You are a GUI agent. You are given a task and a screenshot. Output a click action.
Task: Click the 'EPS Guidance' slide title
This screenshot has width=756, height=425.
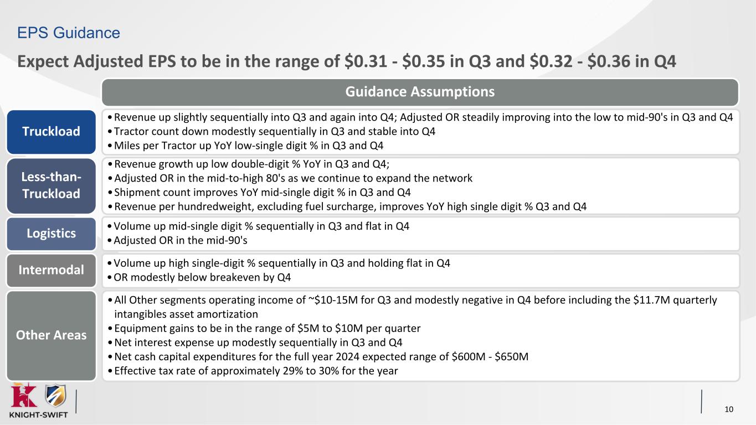click(69, 33)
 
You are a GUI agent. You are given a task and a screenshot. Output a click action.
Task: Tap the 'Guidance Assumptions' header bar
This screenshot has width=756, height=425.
click(420, 91)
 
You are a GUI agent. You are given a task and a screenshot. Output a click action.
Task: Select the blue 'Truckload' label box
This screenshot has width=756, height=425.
click(51, 132)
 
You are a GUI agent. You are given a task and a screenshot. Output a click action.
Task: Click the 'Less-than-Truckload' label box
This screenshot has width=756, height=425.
click(51, 185)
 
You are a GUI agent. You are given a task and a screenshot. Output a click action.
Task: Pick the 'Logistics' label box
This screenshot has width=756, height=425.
click(51, 234)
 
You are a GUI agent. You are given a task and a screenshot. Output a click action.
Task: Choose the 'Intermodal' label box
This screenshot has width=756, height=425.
click(51, 270)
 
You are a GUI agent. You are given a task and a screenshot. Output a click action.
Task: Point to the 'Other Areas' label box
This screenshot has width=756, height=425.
click(51, 335)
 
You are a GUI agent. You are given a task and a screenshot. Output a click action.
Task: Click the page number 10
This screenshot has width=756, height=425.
click(729, 409)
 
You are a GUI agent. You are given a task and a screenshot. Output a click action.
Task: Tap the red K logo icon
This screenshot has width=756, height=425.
click(24, 395)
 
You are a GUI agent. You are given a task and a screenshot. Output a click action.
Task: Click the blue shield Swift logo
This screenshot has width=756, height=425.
click(55, 396)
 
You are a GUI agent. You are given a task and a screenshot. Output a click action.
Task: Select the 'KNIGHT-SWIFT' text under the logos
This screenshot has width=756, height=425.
click(38, 415)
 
